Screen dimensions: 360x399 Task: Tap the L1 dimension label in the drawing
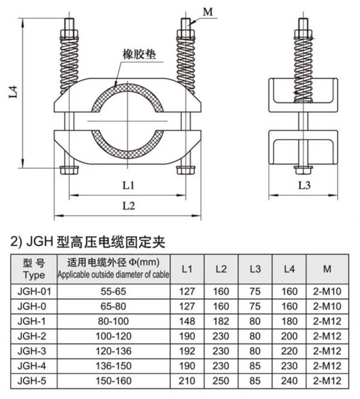128,186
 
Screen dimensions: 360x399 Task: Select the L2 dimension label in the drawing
129,206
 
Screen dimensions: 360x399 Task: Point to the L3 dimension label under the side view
305,186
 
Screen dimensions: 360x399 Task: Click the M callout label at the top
208,11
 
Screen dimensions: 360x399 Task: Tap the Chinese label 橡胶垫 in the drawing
139,54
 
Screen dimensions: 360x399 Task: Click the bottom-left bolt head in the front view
69,170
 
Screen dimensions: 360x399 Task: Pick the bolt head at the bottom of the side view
303,170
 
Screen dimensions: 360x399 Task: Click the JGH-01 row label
34,291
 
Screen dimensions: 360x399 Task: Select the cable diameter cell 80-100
113,321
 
